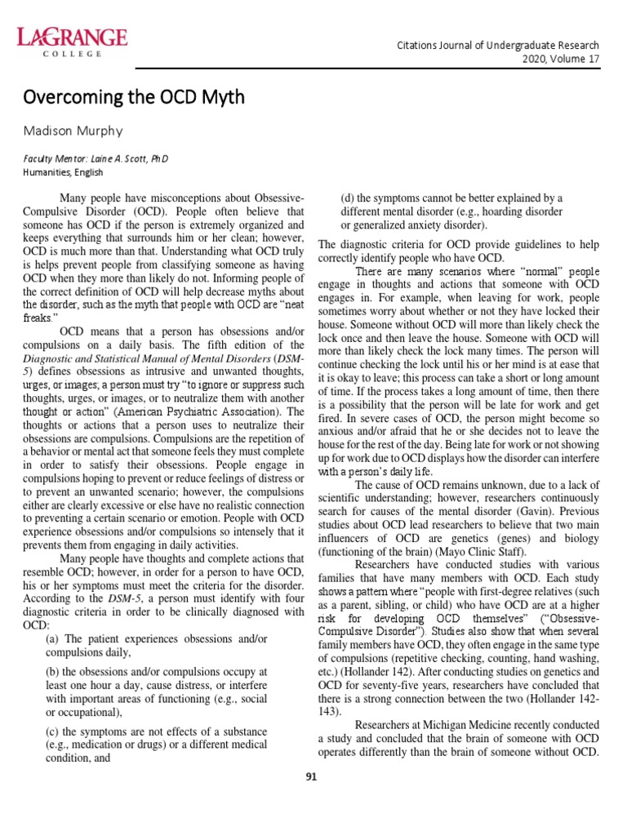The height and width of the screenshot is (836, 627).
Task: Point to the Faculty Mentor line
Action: (96, 158)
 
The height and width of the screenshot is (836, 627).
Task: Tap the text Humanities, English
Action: (63, 172)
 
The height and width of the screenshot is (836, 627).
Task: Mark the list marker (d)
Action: (349, 198)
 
